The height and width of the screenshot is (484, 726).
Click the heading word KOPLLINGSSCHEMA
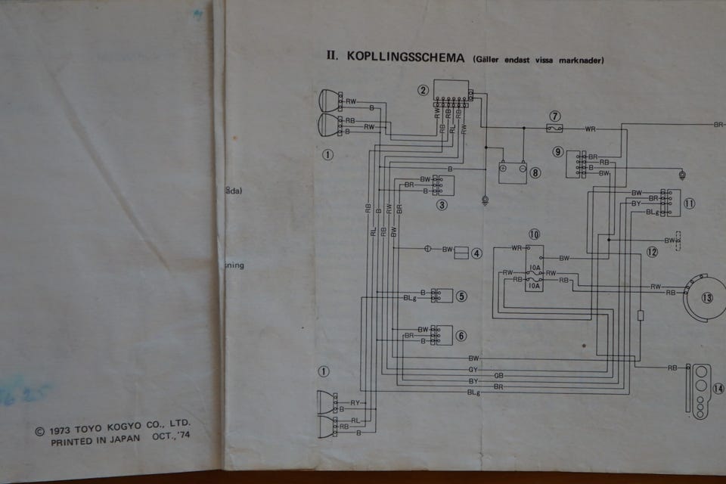pyautogui.click(x=405, y=57)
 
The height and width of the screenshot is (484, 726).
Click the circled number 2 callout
pyautogui.click(x=423, y=90)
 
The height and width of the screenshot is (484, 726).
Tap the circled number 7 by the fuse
pyautogui.click(x=556, y=116)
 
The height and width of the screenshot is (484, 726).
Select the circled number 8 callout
pyautogui.click(x=535, y=172)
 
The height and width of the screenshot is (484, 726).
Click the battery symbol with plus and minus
pyautogui.click(x=512, y=170)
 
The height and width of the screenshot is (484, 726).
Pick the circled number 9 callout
pyautogui.click(x=558, y=152)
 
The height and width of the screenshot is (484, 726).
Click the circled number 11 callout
pyautogui.click(x=689, y=203)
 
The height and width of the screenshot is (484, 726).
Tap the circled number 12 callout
pyautogui.click(x=652, y=252)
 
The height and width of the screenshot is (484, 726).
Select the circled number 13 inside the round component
pyautogui.click(x=706, y=297)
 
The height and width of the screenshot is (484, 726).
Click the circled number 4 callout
pyautogui.click(x=476, y=253)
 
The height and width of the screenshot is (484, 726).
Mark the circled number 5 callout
pyautogui.click(x=461, y=296)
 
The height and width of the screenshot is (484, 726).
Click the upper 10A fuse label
pyautogui.click(x=535, y=268)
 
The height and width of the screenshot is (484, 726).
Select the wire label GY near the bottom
pyautogui.click(x=473, y=369)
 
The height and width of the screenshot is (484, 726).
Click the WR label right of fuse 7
pyautogui.click(x=590, y=129)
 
